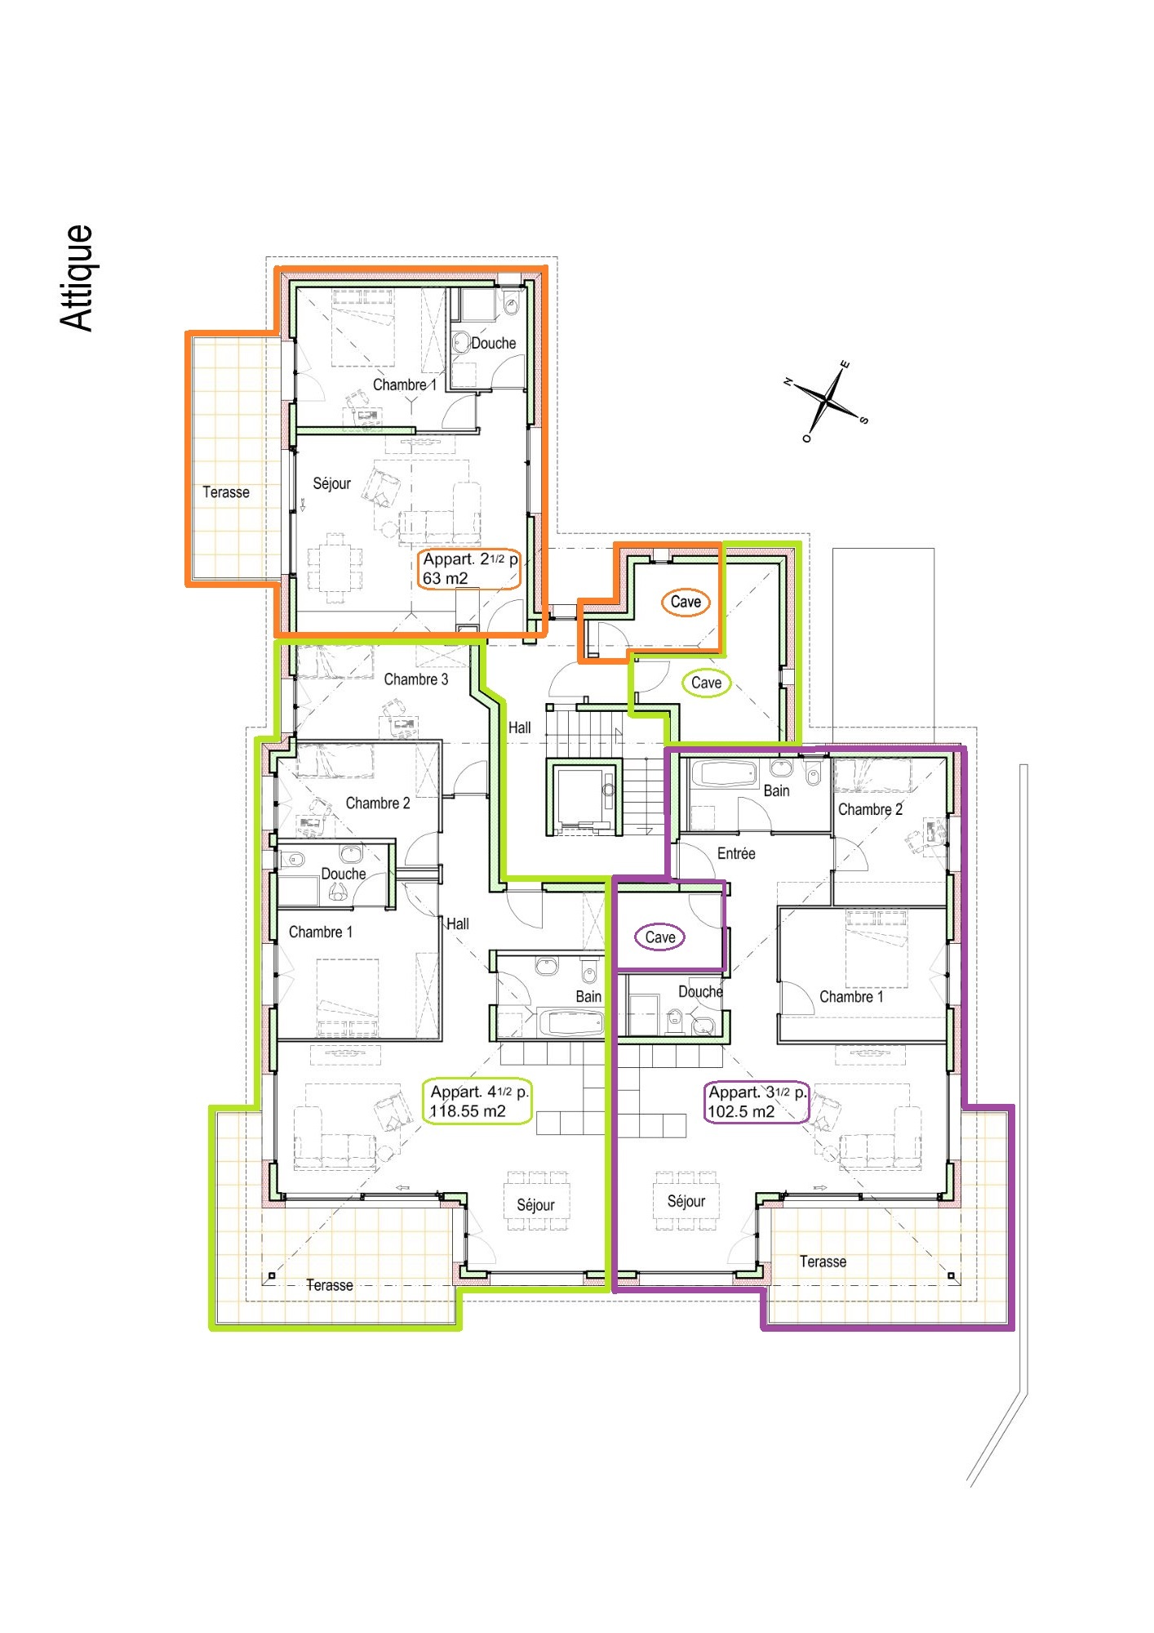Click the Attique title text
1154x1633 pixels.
click(78, 278)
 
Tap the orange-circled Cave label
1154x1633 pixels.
click(686, 602)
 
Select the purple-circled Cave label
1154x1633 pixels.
click(660, 937)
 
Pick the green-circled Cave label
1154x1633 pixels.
click(706, 683)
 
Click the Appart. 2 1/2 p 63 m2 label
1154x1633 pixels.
click(470, 569)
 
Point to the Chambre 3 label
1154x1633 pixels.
click(416, 679)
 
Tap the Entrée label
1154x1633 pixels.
click(736, 853)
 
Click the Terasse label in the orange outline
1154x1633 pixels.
click(226, 492)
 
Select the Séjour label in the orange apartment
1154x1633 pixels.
click(331, 483)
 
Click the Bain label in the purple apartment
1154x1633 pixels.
click(776, 790)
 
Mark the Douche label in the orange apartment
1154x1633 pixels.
click(494, 344)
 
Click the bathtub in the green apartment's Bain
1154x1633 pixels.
click(572, 1022)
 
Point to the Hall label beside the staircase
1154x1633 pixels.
click(520, 728)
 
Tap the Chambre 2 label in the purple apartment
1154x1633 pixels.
click(870, 809)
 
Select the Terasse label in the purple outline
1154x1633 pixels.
click(823, 1261)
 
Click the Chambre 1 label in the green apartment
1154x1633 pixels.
click(321, 932)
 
